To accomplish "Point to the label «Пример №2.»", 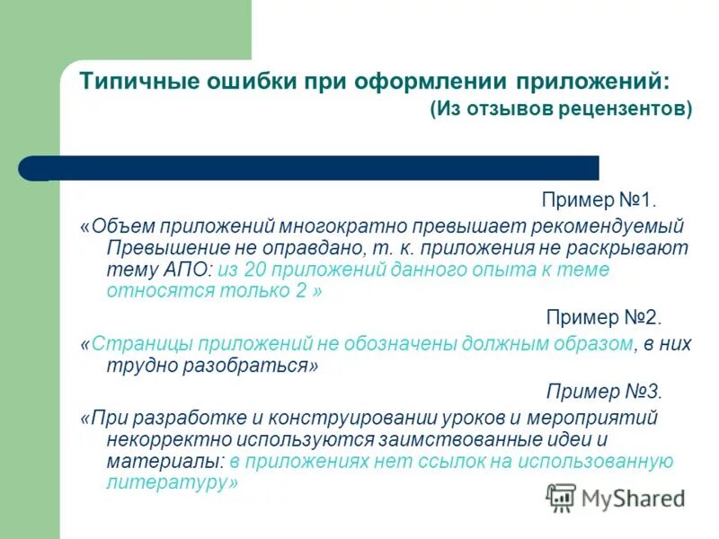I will (603, 318).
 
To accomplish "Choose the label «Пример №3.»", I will (603, 392).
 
